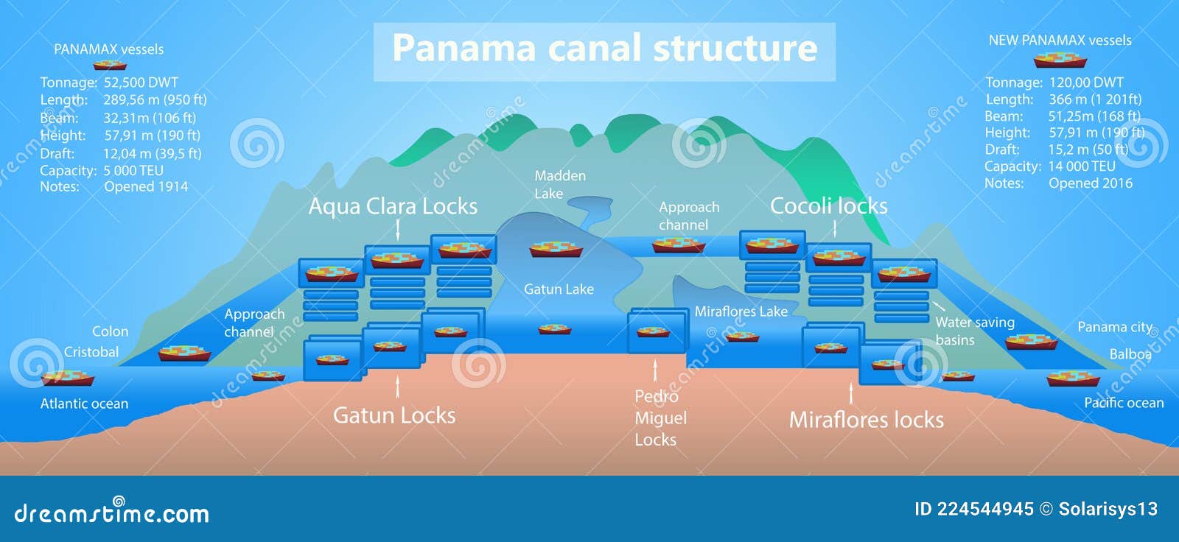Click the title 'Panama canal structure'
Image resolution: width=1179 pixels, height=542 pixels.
coord(604,49)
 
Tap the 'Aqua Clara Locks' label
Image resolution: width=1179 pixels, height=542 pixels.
coord(393,206)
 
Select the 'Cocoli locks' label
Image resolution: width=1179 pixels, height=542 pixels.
coord(828,206)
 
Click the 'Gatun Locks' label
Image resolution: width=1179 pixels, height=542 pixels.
coord(394,415)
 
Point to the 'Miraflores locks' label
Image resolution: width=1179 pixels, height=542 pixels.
coord(866,420)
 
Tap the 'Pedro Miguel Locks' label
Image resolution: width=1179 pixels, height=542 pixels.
coord(660,418)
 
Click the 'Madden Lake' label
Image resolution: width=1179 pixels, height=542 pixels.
coord(559,184)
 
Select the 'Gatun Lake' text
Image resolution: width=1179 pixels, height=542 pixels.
coord(559,289)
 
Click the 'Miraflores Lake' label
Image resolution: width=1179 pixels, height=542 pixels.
coord(741,312)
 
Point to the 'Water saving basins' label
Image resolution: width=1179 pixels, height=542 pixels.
coord(974,331)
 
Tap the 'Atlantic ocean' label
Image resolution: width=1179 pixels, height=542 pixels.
coord(84,404)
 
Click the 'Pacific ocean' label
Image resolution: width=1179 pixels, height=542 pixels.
coord(1123,403)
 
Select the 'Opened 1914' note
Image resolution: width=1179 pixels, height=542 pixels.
coord(146,187)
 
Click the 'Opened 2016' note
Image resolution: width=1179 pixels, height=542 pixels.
coord(1090,183)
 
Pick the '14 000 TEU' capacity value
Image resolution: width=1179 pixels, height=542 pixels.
coord(1081,166)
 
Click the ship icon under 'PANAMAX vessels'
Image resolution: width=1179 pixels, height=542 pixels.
coord(110,65)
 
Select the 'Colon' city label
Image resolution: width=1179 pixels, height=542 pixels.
coord(110,331)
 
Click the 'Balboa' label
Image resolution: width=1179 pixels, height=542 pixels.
coord(1130,354)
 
